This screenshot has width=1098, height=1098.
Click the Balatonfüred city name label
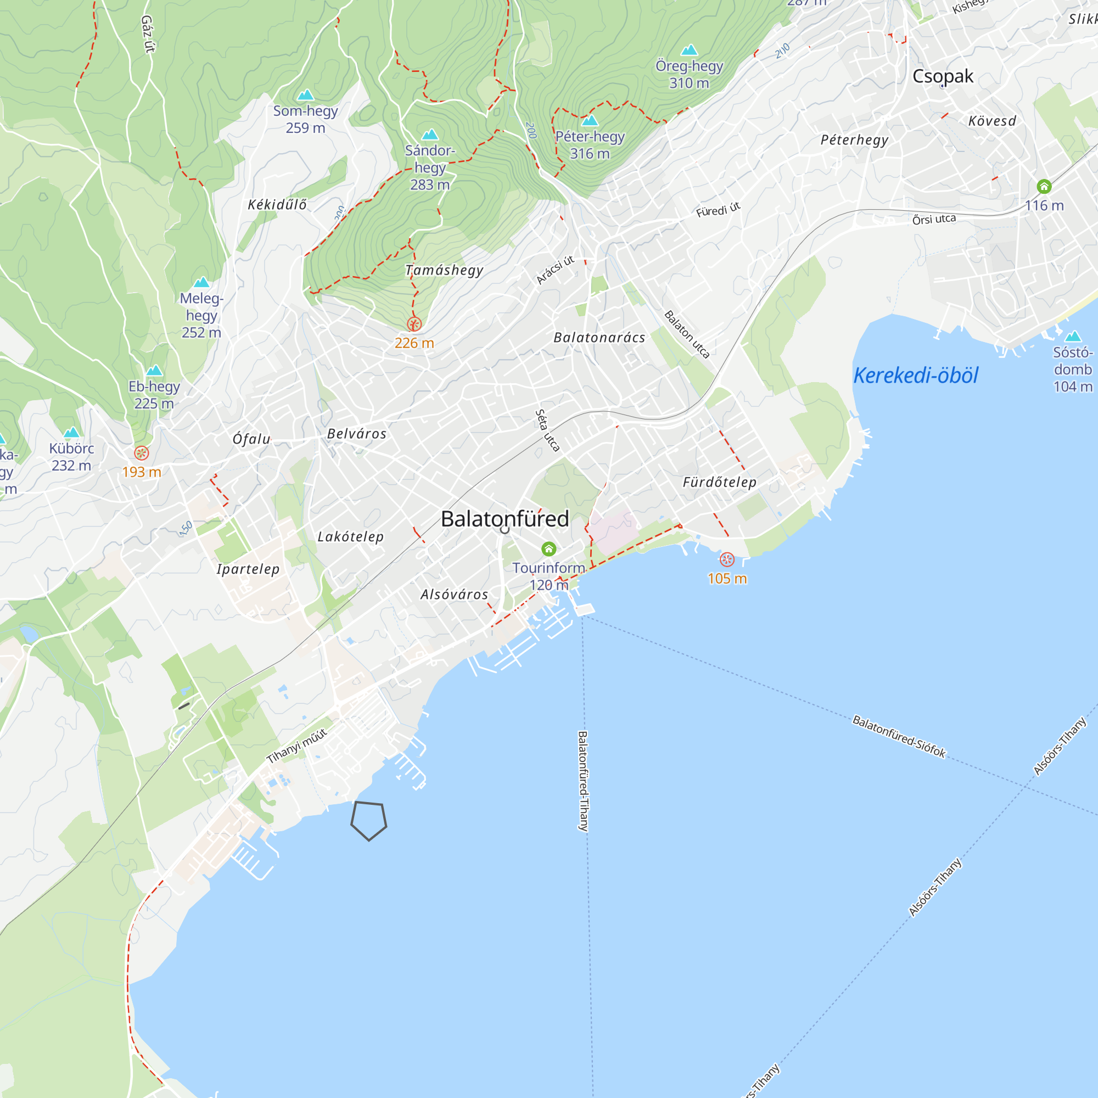coord(505,519)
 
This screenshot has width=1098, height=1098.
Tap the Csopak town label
coord(942,76)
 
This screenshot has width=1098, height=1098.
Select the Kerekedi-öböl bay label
coord(916,376)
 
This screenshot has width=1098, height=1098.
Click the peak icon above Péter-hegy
coord(590,120)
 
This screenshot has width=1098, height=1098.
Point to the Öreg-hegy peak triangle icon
coord(689,50)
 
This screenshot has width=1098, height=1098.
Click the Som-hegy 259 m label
coord(305,119)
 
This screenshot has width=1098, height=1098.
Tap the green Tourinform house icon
coord(548,548)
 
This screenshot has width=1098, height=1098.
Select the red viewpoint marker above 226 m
coord(414,324)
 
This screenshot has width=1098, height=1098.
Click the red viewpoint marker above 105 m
coord(726,560)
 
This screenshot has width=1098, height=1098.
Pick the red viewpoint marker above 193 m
coord(142,453)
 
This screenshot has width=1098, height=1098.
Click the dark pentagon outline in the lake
coord(368,820)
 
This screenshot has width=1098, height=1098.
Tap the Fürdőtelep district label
coord(719,483)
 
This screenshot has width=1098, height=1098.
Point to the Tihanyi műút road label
coord(296,746)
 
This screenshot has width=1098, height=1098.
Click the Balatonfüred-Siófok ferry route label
coord(899,737)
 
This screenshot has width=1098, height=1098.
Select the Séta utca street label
coord(547,431)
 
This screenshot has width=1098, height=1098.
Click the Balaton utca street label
coord(687,334)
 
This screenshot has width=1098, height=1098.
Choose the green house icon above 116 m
coord(1044,187)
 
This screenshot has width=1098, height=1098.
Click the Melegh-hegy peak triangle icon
coord(201,282)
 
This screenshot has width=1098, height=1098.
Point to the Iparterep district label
coord(248,569)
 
